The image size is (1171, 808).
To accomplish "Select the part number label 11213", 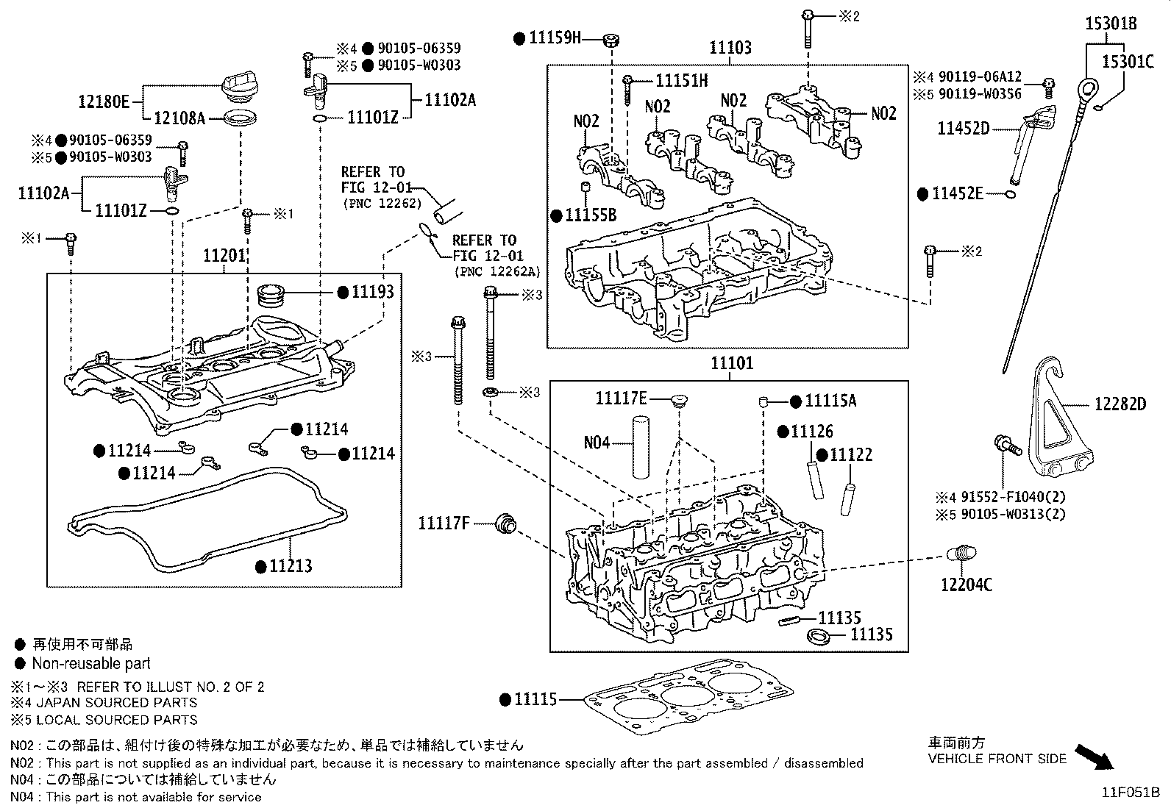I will tap(290, 566).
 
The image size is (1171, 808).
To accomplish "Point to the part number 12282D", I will tap(1120, 404).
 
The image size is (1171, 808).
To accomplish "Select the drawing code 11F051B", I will tap(1130, 793).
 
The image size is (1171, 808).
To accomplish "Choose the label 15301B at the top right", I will tap(1111, 24).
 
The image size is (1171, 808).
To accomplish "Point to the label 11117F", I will tap(444, 523).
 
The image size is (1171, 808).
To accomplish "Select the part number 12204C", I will tap(966, 584).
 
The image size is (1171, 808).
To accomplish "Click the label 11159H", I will tap(555, 37).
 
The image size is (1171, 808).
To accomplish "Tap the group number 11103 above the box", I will tap(730, 48).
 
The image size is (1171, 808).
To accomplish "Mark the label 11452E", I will tap(957, 193).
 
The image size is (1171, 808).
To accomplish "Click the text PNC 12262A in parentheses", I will tap(498, 271).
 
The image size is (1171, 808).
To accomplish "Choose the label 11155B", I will tap(591, 215).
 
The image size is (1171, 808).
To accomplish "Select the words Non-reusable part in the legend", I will tap(90, 664).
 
